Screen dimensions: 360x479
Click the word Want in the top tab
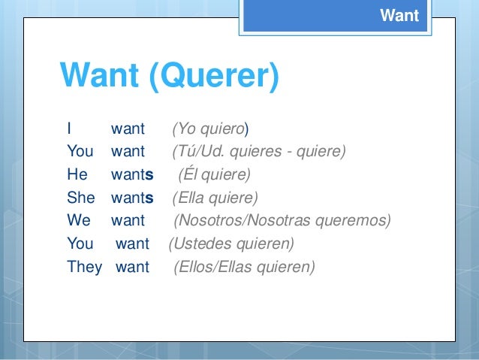coord(399,15)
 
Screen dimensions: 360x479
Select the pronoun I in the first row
coord(69,128)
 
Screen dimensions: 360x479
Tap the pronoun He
coord(77,175)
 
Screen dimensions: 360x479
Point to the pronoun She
coord(80,198)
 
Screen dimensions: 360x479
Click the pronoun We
coord(78,222)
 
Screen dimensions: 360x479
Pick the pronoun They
coord(84,267)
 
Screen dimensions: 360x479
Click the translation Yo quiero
coord(211,129)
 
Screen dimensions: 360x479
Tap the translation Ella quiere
coord(215,198)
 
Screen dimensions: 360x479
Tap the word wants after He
coord(132,175)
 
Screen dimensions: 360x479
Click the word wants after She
coord(132,198)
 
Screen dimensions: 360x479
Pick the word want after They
coord(132,267)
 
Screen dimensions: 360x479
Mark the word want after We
coord(128,222)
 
